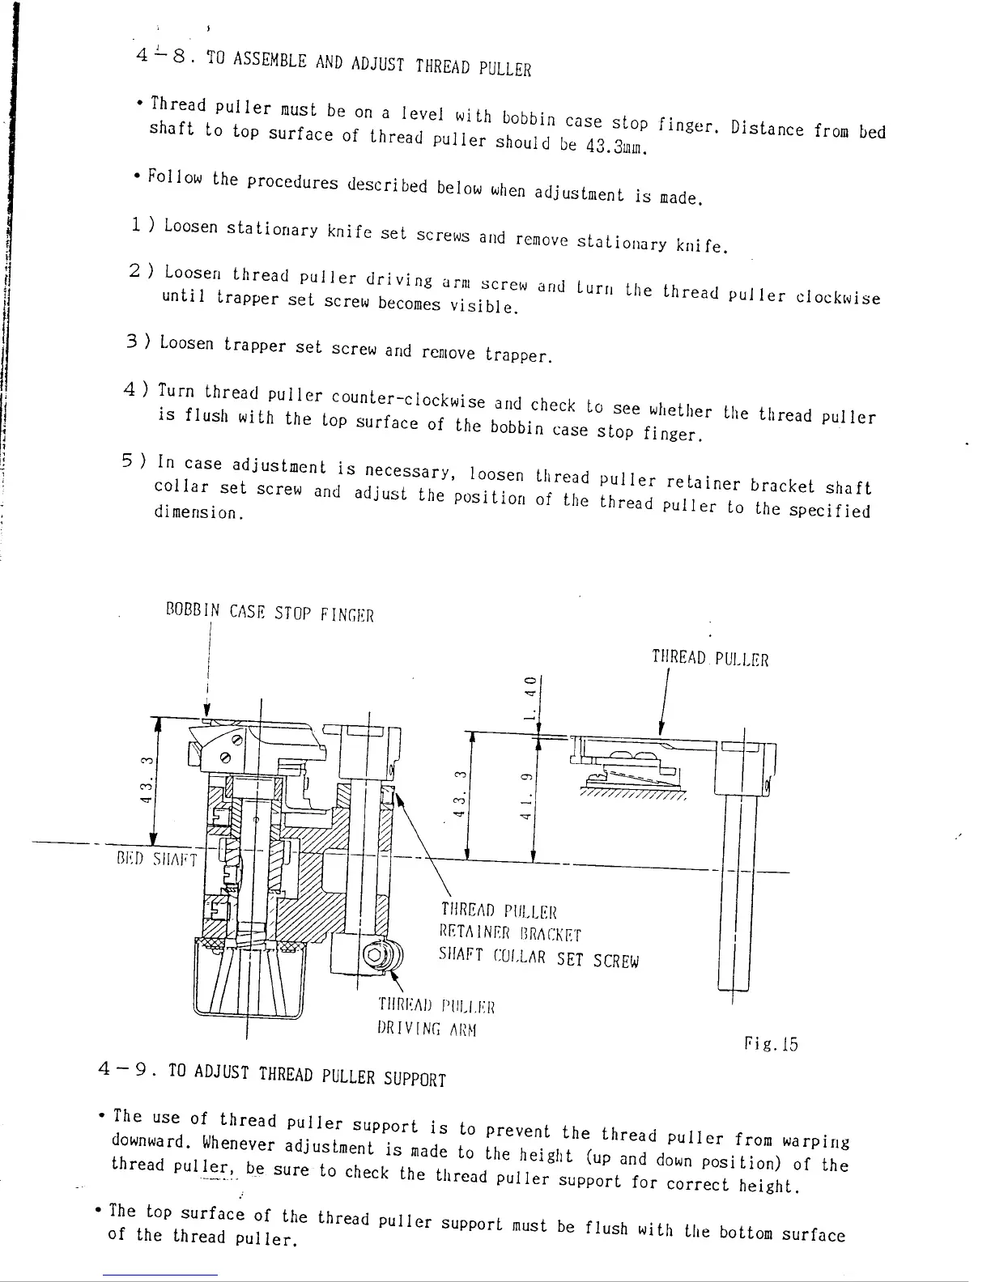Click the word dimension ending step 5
click(198, 513)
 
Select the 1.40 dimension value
click(530, 697)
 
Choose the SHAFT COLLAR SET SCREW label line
click(538, 958)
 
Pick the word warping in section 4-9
click(815, 1141)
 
